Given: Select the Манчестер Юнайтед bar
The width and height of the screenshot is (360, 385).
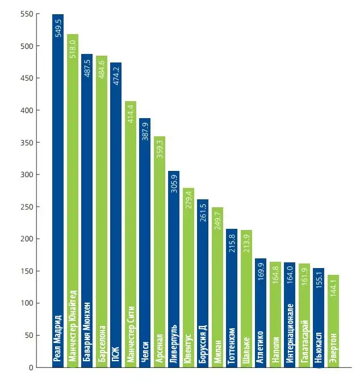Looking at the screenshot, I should [73, 199].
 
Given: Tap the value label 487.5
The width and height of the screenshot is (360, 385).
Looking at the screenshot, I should [87, 72].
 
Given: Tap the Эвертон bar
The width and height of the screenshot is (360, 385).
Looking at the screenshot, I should [333, 312].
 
